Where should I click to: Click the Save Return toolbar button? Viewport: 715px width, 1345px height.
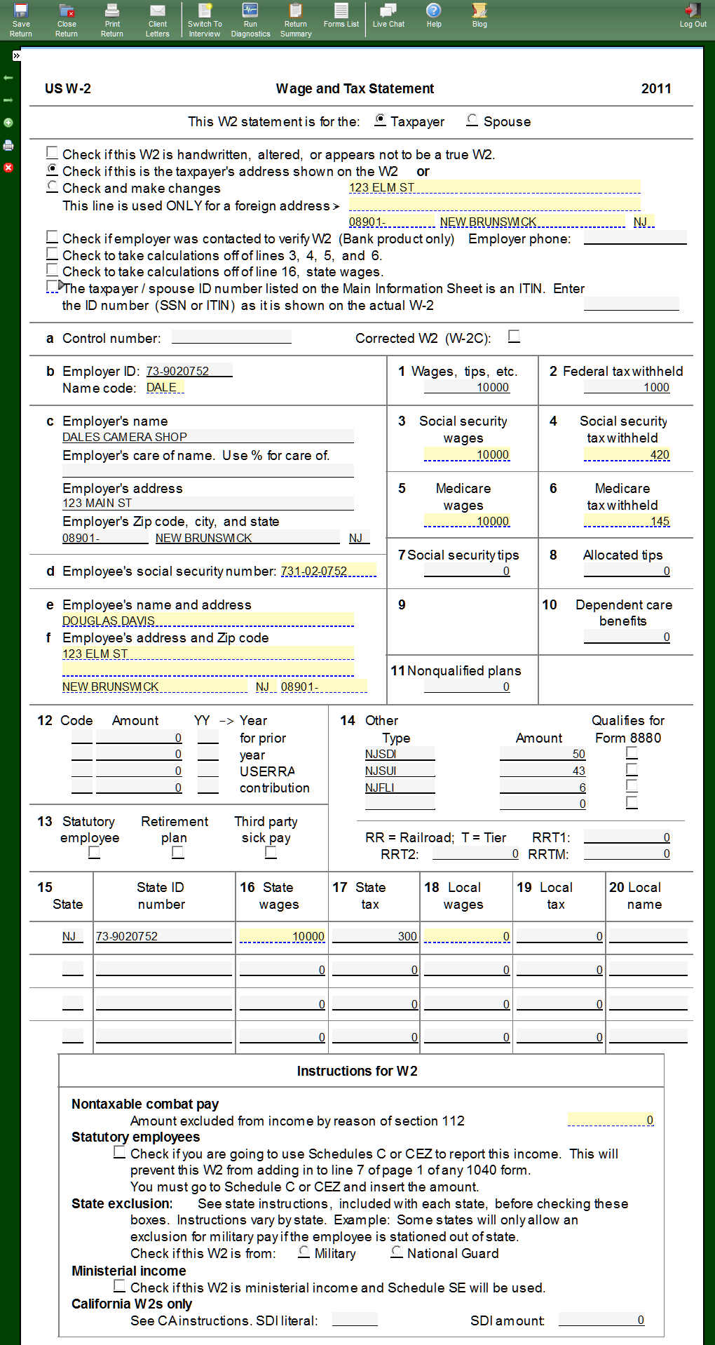pyautogui.click(x=21, y=20)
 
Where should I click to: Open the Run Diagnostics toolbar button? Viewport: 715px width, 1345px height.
pyautogui.click(x=250, y=20)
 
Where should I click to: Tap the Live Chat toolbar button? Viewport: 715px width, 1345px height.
pyautogui.click(x=388, y=15)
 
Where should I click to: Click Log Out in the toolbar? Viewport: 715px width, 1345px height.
pyautogui.click(x=693, y=15)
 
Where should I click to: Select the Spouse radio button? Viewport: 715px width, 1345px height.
pyautogui.click(x=472, y=120)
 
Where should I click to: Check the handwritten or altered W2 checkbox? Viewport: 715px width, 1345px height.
pyautogui.click(x=53, y=153)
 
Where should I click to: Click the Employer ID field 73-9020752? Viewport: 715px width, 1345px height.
pyautogui.click(x=188, y=371)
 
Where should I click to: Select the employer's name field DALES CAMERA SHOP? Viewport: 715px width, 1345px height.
pyautogui.click(x=207, y=437)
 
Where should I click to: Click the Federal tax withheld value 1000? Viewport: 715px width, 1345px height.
pyautogui.click(x=627, y=387)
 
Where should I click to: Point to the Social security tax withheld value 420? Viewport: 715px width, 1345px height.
pyautogui.click(x=627, y=454)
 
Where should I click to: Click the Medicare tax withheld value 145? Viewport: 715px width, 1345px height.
pyautogui.click(x=627, y=521)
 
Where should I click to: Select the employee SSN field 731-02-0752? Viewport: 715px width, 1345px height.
pyautogui.click(x=327, y=571)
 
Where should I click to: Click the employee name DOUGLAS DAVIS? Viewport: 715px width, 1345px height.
pyautogui.click(x=207, y=621)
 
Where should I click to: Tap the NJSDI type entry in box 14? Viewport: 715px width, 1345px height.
pyautogui.click(x=399, y=754)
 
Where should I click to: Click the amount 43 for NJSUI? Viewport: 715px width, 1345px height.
pyautogui.click(x=543, y=771)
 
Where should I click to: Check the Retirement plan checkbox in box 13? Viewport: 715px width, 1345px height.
pyautogui.click(x=178, y=852)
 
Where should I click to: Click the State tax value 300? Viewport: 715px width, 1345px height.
pyautogui.click(x=375, y=936)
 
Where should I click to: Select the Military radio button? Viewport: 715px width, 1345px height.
pyautogui.click(x=304, y=1251)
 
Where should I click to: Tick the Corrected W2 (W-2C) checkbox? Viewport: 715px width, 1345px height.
pyautogui.click(x=515, y=337)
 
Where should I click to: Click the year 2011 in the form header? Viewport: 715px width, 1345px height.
pyautogui.click(x=656, y=88)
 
